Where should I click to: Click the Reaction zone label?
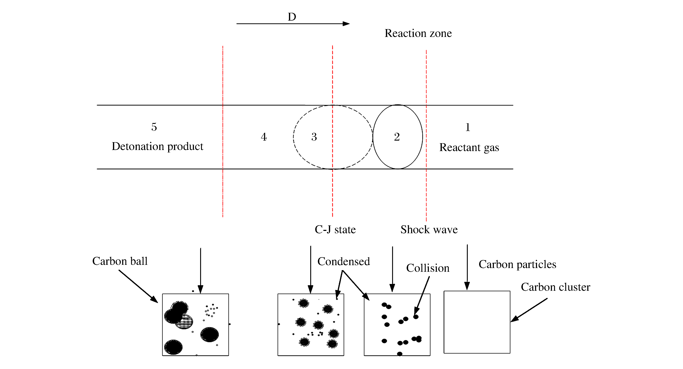(x=418, y=33)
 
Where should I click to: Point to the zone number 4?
(x=264, y=137)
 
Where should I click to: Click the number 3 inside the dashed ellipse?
(x=314, y=137)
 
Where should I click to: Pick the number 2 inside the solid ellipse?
(x=397, y=137)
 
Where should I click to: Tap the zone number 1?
(x=468, y=127)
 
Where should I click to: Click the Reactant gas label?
(x=469, y=147)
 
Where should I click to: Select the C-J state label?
(x=335, y=229)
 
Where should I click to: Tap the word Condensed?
(x=344, y=262)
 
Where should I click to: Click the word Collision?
(x=428, y=268)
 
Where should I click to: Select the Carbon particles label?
(x=517, y=265)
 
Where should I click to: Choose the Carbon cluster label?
(x=555, y=287)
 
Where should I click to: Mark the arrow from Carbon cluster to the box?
(x=529, y=310)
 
